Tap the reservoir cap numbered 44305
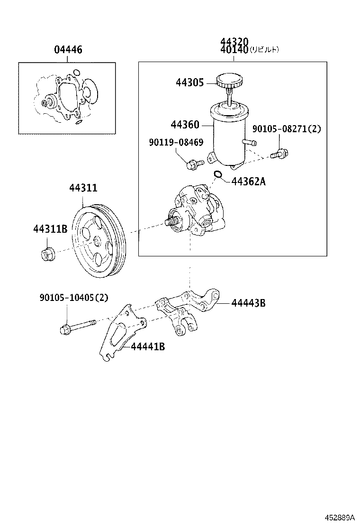(x=229, y=82)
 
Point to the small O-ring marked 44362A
(x=217, y=176)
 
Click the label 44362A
(x=248, y=181)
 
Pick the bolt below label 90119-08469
(x=193, y=164)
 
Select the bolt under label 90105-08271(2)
(x=281, y=153)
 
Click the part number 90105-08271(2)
(x=286, y=128)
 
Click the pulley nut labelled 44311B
(x=47, y=254)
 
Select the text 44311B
(x=50, y=229)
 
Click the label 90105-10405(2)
(x=73, y=298)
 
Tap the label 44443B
(x=248, y=303)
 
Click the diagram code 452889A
(x=339, y=518)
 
